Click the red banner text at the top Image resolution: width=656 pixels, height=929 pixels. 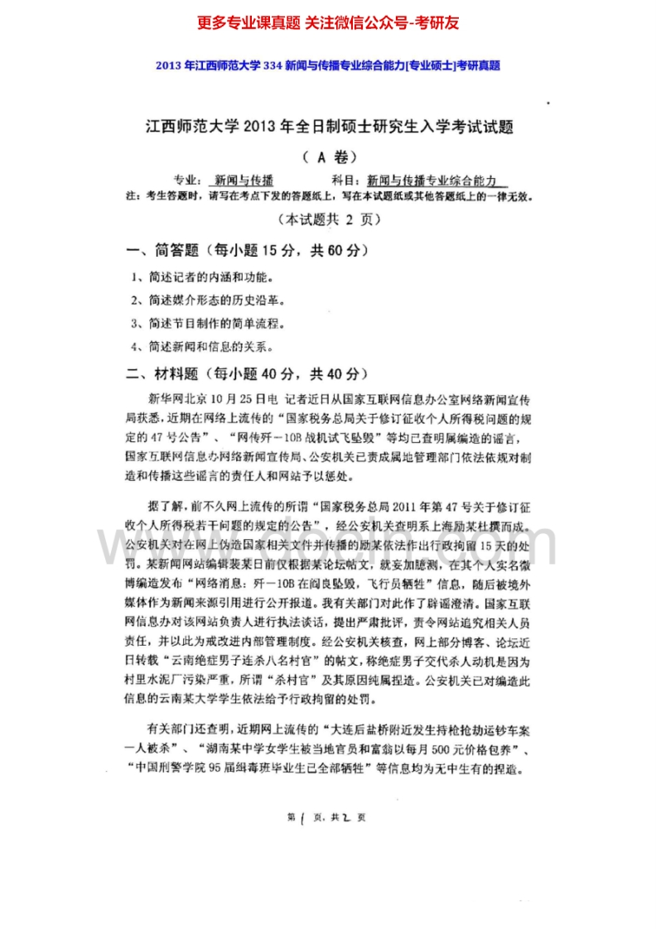[x=328, y=23]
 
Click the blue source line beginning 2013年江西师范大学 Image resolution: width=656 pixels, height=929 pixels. [x=328, y=65]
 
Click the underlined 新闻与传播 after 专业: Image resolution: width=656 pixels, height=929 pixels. [x=244, y=180]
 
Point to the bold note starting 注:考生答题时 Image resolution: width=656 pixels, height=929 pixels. [x=329, y=196]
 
